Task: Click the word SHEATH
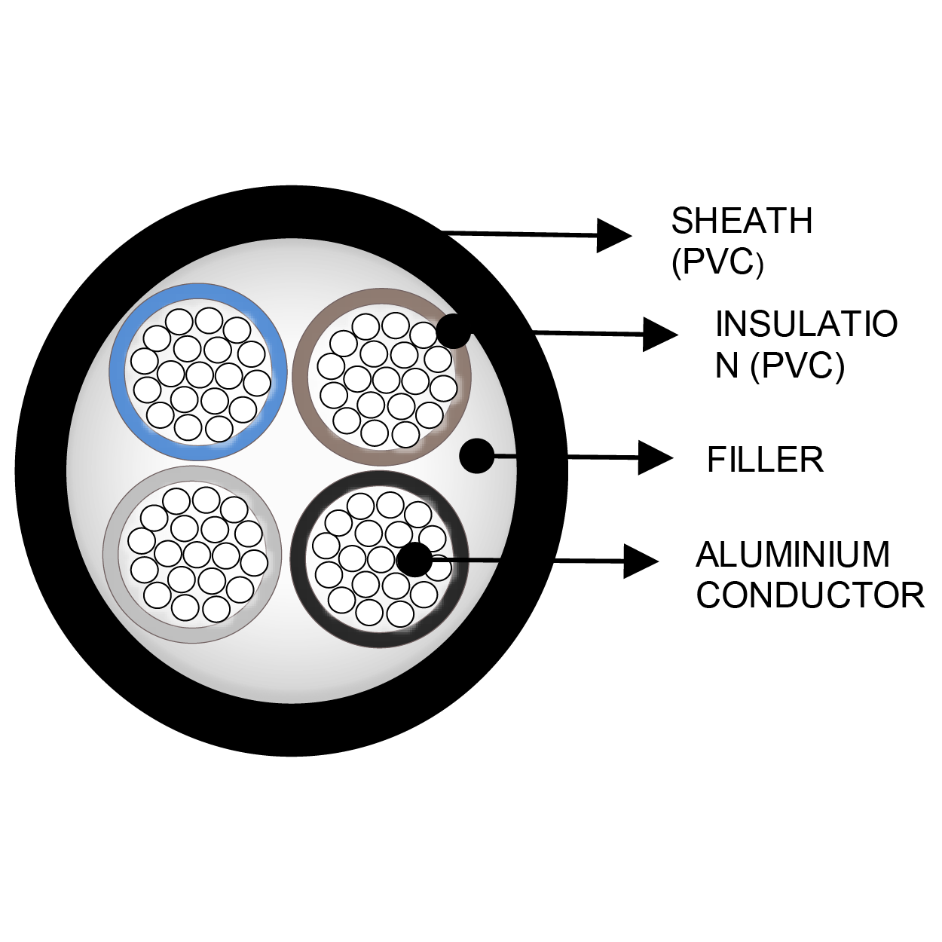click(742, 221)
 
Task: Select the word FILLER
click(765, 460)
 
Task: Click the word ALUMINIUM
click(793, 555)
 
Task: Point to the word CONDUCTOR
click(810, 595)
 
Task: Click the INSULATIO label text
click(806, 324)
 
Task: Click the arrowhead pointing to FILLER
click(654, 457)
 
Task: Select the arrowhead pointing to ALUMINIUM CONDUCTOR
click(640, 561)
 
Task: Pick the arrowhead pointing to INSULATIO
click(660, 333)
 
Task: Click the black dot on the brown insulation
click(454, 330)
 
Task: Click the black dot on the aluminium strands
click(414, 560)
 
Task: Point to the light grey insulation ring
click(112, 554)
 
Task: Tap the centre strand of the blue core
click(199, 374)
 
